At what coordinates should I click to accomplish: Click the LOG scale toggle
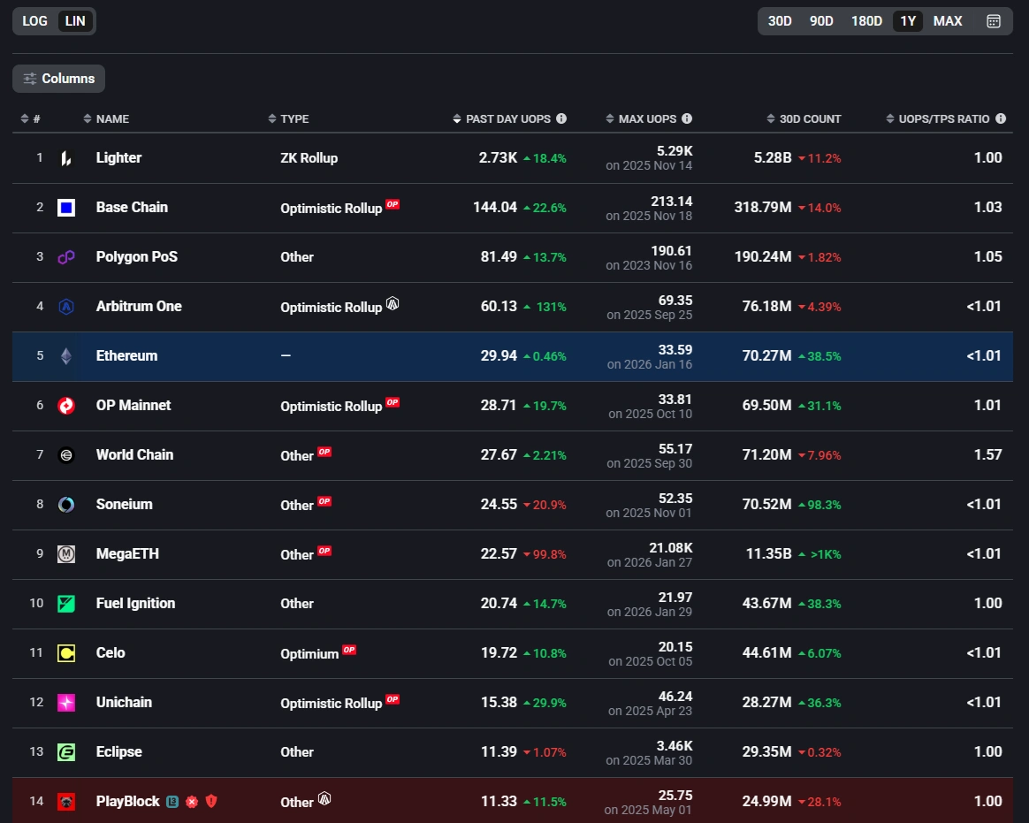tap(35, 21)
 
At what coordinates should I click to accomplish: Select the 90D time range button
tap(821, 21)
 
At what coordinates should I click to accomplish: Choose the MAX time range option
tap(948, 21)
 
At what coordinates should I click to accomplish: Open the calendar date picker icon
tap(994, 21)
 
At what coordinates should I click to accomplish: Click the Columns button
tap(58, 79)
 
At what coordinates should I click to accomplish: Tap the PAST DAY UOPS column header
tap(507, 118)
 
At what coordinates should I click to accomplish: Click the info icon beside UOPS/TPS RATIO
tap(1001, 118)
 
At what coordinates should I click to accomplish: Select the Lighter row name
tap(118, 157)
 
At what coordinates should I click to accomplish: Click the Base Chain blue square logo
tap(66, 208)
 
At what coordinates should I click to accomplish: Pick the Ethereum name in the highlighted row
tap(126, 355)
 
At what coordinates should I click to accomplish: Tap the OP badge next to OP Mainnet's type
tap(393, 402)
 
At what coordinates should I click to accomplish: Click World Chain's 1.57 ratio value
tap(987, 454)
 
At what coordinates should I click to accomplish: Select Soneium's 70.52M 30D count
tap(766, 504)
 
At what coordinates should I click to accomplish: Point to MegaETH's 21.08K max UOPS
tap(671, 548)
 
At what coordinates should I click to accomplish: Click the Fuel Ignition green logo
tap(66, 604)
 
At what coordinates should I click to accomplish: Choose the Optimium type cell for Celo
tap(309, 653)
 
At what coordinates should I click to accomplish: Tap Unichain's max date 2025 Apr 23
tap(650, 711)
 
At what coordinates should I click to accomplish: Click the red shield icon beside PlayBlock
tap(211, 801)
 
